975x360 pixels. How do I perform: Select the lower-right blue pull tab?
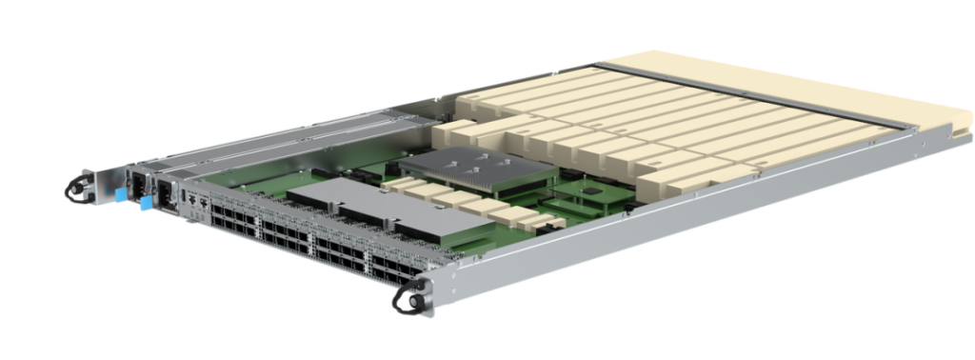[147, 203]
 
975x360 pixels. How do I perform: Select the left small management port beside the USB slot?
[194, 199]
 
